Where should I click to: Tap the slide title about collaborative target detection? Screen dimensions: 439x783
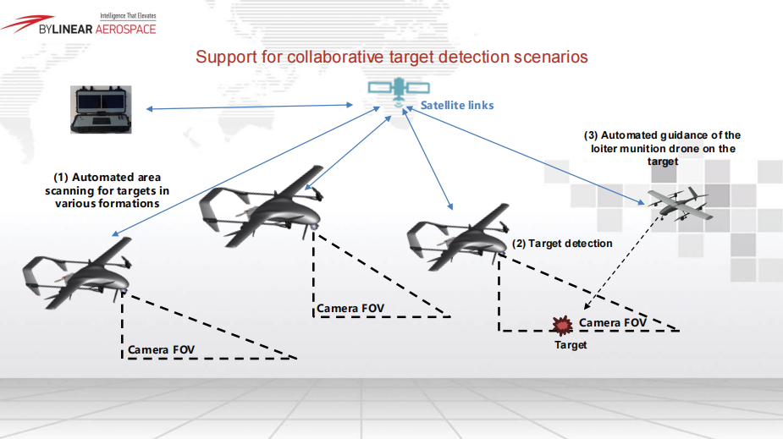391,58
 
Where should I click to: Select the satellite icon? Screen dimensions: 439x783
393,91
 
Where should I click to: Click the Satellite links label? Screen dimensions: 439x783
457,106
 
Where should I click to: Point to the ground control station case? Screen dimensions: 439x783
102,108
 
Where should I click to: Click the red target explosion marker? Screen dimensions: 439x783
560,325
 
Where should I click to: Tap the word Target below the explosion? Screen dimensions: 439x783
571,345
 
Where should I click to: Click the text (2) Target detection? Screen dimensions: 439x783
562,244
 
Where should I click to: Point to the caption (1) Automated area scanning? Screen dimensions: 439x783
107,190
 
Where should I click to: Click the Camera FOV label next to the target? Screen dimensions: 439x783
613,323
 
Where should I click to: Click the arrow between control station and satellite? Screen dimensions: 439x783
251,107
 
